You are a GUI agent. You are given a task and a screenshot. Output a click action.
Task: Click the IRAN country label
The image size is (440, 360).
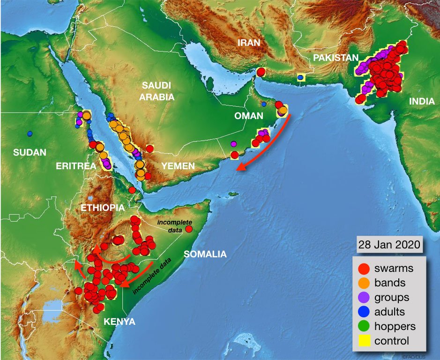(248, 43)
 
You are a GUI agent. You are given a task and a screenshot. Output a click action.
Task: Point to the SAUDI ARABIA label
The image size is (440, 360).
(158, 91)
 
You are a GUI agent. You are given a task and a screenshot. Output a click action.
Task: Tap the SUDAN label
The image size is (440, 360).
(30, 152)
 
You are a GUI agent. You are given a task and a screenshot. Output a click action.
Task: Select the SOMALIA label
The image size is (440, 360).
(205, 254)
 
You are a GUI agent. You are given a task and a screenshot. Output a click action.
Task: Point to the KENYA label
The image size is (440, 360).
(120, 322)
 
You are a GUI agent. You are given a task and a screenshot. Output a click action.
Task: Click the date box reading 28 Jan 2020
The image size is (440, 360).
(389, 245)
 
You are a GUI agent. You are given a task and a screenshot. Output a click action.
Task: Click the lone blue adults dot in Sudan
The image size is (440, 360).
(30, 134)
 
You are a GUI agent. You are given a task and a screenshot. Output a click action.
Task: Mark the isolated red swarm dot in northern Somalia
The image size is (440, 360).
(189, 229)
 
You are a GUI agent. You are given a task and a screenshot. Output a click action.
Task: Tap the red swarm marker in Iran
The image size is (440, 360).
(261, 72)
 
